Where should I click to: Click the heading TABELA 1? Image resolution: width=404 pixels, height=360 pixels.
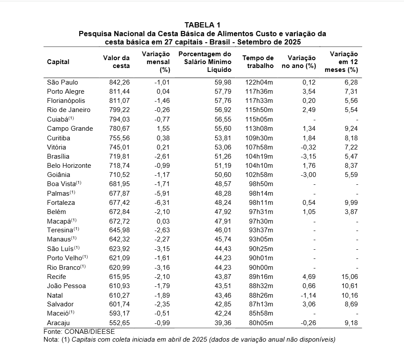202,25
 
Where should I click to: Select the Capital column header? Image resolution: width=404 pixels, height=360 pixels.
58,62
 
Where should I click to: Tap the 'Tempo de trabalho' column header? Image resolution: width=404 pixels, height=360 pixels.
258,62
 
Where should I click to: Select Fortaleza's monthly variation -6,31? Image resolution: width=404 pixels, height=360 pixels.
159,203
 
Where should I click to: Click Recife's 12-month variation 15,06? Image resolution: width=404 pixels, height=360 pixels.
349,277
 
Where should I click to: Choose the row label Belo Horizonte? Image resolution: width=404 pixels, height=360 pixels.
69,166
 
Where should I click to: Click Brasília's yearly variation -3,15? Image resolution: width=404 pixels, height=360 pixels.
306,156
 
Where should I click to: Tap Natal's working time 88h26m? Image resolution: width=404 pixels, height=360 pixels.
261,295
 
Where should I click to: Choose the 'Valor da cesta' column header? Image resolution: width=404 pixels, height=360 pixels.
116,62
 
